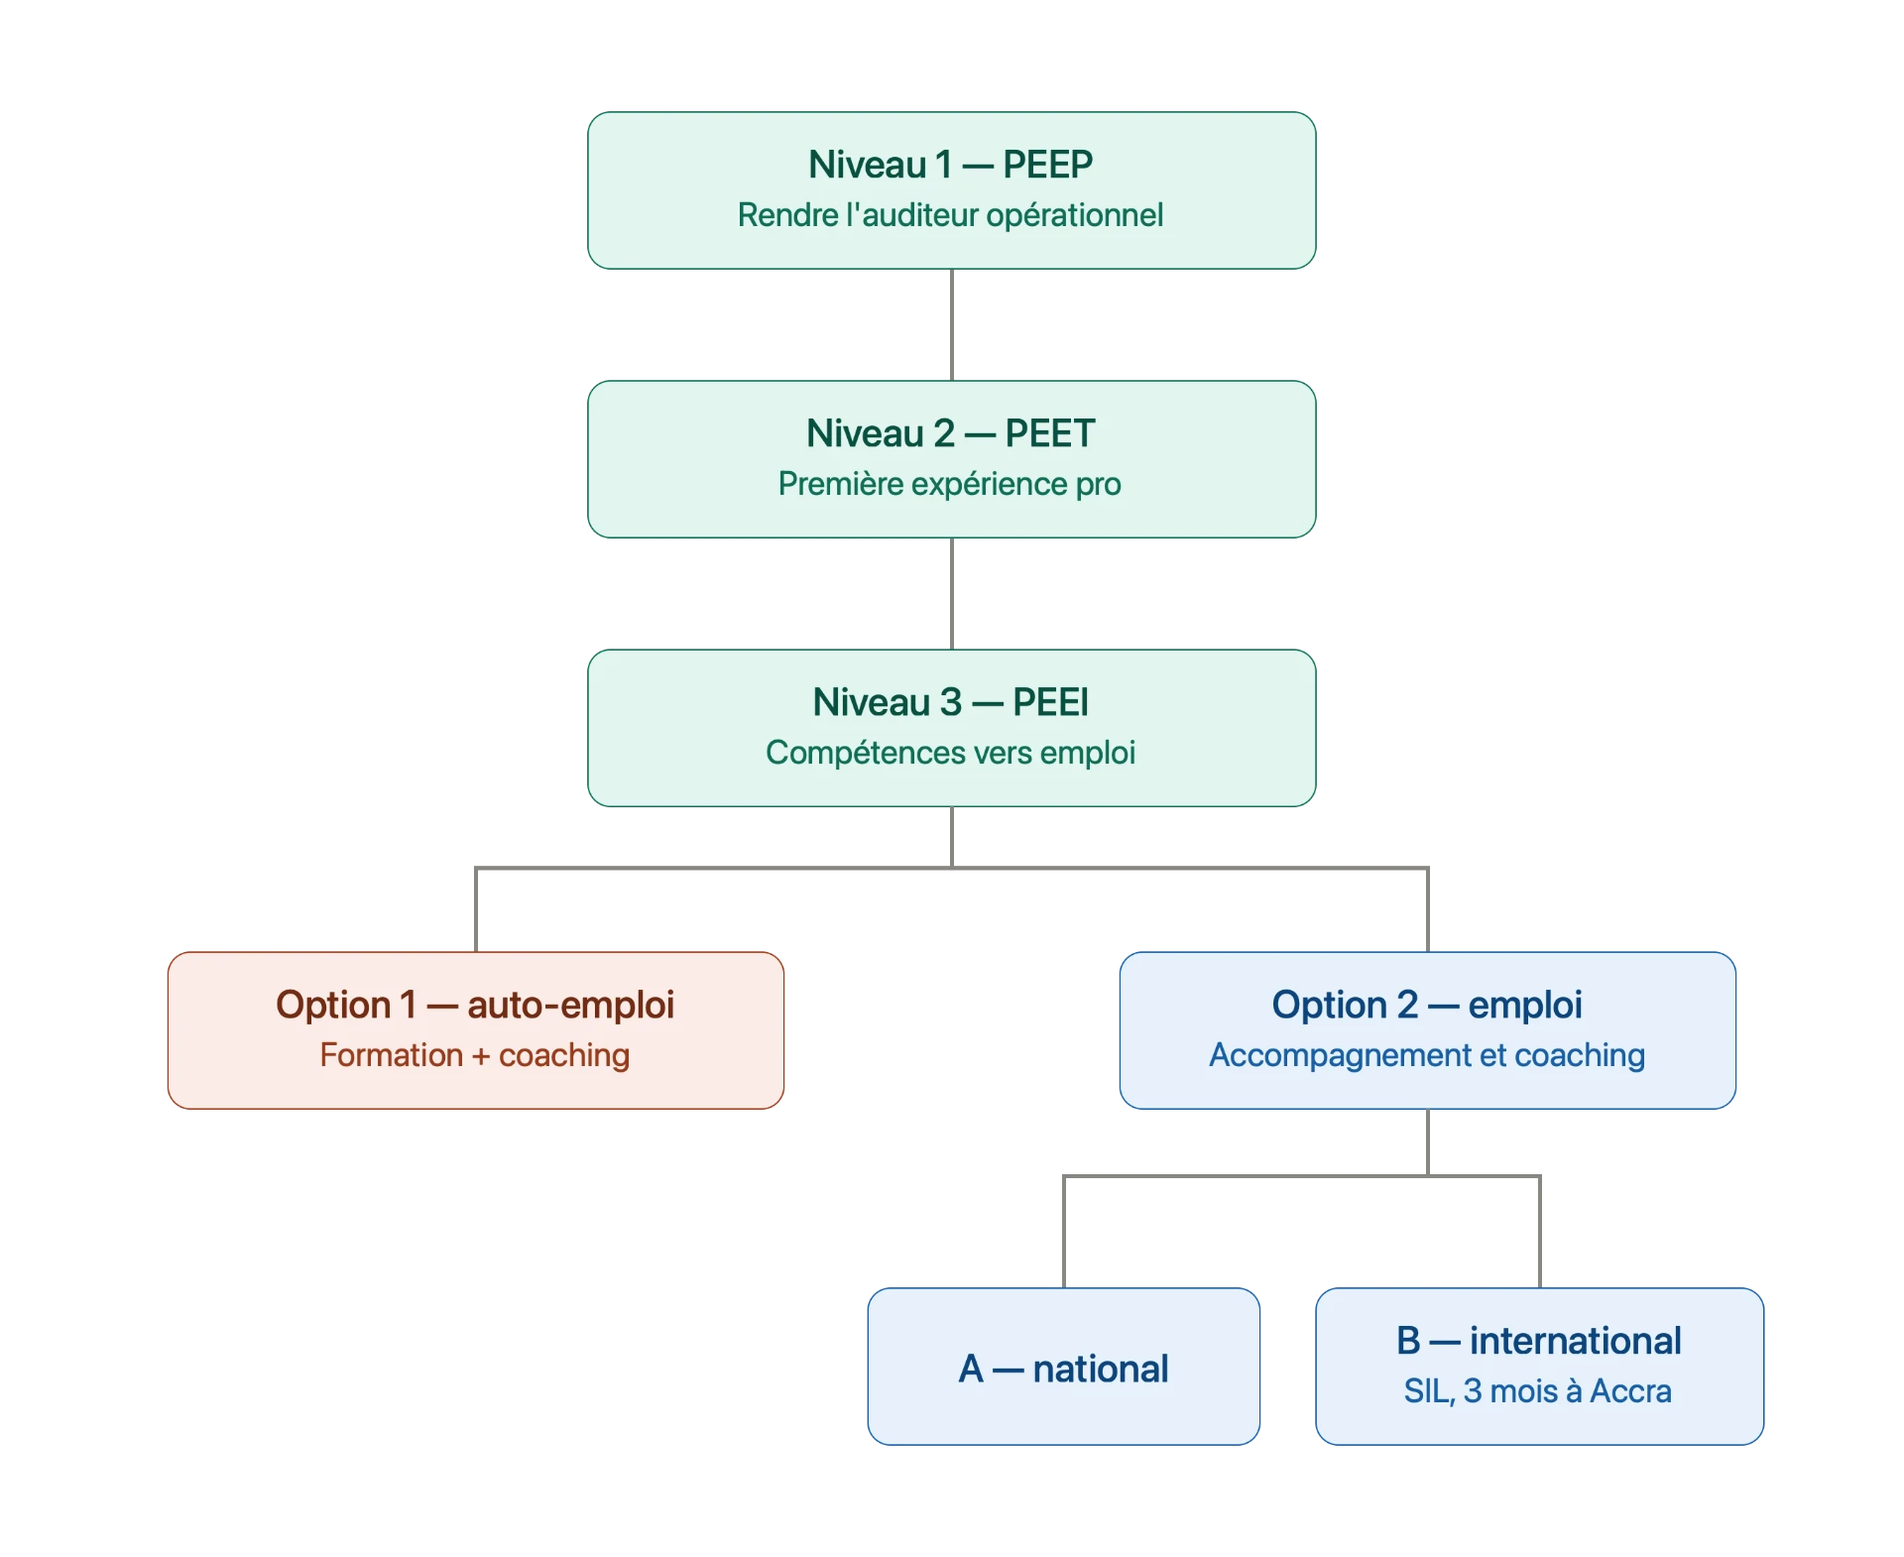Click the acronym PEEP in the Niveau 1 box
tap(1047, 165)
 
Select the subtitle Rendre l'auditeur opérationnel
tap(950, 215)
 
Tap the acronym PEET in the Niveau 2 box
tap(1049, 433)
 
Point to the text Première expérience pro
tap(949, 484)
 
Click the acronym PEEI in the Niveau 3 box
tap(1050, 702)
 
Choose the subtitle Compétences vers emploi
tap(950, 753)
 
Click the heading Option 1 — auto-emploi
tap(475, 1005)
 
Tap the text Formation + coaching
tap(474, 1055)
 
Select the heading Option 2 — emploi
tap(1427, 1005)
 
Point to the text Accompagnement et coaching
tap(1427, 1055)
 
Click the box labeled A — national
tap(1064, 1367)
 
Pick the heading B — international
tap(1539, 1341)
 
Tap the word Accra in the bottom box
tap(1630, 1391)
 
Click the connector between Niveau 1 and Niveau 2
tap(952, 325)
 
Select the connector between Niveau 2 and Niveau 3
tap(952, 594)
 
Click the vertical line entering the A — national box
tap(1064, 1232)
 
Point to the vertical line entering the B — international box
tap(1540, 1232)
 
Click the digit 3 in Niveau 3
tap(951, 702)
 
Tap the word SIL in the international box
tap(1427, 1391)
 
